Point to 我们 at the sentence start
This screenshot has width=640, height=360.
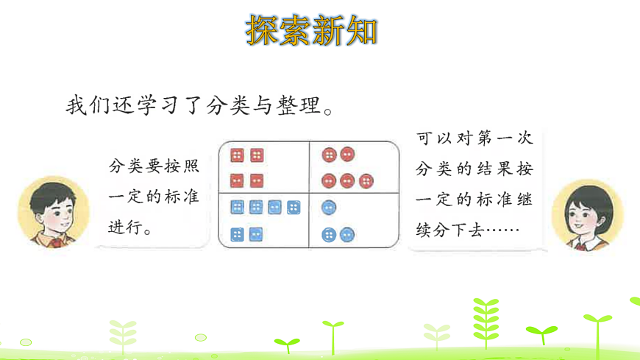(x=85, y=105)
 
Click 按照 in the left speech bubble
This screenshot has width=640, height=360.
(x=179, y=166)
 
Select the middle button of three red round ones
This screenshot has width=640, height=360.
(x=347, y=180)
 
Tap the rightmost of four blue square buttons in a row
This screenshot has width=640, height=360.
(x=293, y=208)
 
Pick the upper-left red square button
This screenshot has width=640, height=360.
(x=238, y=155)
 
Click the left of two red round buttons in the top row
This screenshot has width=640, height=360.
(x=330, y=155)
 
